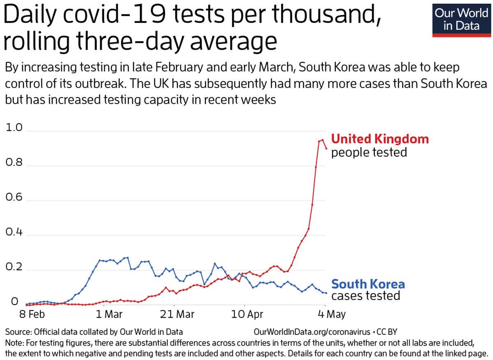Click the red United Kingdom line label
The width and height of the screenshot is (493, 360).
click(380, 139)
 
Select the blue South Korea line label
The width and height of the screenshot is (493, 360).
click(368, 284)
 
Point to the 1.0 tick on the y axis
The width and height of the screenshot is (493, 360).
click(14, 128)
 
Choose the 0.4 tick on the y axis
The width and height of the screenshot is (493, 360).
click(14, 235)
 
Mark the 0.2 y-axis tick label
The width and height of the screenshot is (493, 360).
click(14, 270)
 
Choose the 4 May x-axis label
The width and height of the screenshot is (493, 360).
click(332, 315)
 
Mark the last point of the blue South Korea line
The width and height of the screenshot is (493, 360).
click(326, 293)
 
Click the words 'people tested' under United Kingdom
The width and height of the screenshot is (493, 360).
click(369, 153)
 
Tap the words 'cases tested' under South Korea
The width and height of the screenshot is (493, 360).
click(366, 296)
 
